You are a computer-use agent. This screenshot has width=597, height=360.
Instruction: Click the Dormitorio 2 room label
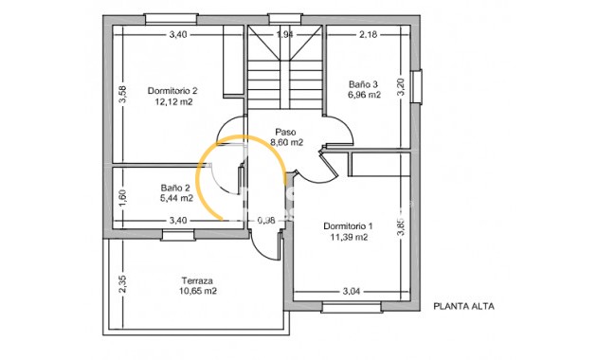point(172,91)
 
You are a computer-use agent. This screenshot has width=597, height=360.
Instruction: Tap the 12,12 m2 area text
point(172,102)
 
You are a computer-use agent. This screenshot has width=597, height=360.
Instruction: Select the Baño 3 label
point(364,84)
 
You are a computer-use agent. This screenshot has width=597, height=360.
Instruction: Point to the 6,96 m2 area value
point(364,96)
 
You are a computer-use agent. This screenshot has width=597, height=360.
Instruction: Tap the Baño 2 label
point(176,188)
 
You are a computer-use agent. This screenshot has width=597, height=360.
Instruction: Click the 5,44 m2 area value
point(176,199)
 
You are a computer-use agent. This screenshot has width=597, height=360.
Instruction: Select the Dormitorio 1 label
point(348,226)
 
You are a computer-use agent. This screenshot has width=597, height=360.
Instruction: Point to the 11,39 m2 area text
point(348,238)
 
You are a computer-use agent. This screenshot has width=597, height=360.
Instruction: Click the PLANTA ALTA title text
point(464,306)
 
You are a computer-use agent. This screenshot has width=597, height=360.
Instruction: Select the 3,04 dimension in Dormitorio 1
point(351,291)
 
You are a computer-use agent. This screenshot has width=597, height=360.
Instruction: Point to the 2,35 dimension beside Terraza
point(122,284)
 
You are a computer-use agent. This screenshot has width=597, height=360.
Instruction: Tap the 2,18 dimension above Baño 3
point(369,35)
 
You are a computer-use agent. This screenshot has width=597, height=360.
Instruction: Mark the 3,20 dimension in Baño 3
point(400,88)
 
